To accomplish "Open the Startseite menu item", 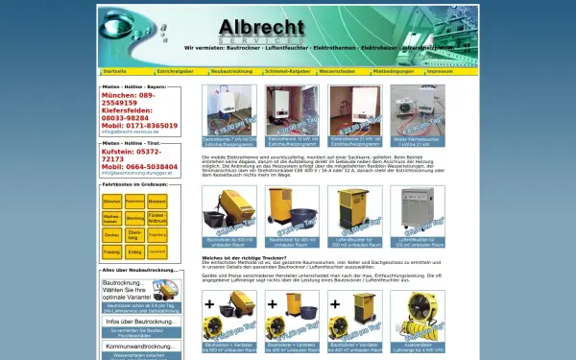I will pyautogui.click(x=115, y=71).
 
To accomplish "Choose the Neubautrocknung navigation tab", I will pyautogui.click(x=232, y=71).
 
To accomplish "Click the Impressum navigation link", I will pyautogui.click(x=441, y=71).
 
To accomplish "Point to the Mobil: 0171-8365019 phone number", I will pyautogui.click(x=140, y=125).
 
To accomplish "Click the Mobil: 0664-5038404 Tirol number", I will pyautogui.click(x=140, y=166).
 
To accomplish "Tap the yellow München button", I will pyautogui.click(x=111, y=202).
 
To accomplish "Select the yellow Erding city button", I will pyautogui.click(x=134, y=252).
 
